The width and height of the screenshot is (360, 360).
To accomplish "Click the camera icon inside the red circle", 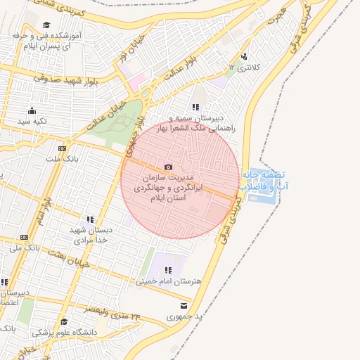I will coord(168,167).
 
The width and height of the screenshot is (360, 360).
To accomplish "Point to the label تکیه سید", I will coord(32,122).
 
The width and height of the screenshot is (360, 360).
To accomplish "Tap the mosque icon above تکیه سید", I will coord(31,110).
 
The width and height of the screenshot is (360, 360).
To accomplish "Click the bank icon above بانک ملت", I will coord(62,148).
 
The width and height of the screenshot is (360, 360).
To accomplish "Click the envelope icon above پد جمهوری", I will coord(184,306).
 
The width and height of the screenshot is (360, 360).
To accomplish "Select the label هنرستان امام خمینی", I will coord(168,281).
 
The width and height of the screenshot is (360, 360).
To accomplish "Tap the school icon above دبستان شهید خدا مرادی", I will coord(89,219).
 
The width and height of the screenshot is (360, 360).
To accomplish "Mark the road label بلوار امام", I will coord(44,212).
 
